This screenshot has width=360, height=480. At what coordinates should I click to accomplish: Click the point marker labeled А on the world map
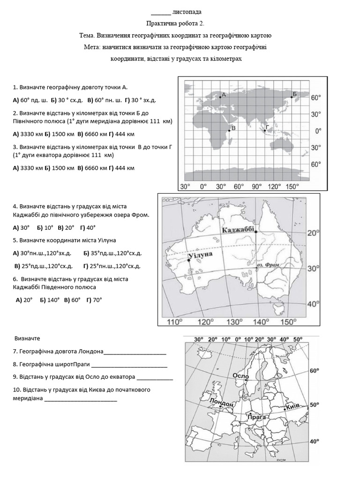click(x=220, y=97)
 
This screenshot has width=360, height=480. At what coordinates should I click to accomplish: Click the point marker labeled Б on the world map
click(x=292, y=97)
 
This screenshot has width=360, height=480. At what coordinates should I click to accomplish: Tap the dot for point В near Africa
click(x=229, y=131)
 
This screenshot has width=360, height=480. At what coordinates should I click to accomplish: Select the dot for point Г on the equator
click(x=265, y=131)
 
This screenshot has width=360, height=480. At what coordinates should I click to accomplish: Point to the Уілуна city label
click(x=200, y=254)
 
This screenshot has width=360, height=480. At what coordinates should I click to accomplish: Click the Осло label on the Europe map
click(x=240, y=376)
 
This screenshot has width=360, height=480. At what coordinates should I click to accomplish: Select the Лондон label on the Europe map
click(x=222, y=403)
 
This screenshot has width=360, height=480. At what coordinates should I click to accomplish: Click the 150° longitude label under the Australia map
click(x=289, y=322)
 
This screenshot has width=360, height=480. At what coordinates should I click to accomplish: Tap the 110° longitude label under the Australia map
click(x=175, y=322)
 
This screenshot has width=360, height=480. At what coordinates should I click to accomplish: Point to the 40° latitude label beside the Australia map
click(x=313, y=304)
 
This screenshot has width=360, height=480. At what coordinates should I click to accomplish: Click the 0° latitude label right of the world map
click(x=318, y=131)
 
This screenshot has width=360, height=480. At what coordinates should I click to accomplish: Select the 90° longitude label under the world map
click(x=256, y=187)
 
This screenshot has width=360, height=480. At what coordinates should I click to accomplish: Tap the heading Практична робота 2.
click(x=175, y=23)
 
